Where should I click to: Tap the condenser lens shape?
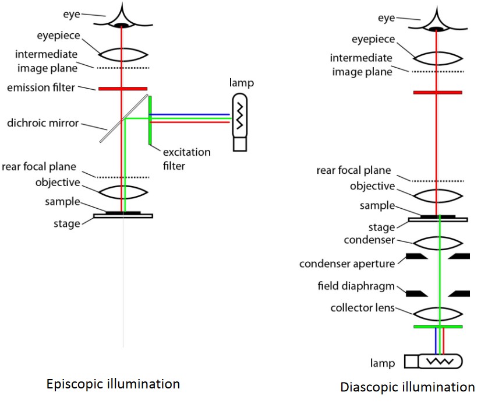438,243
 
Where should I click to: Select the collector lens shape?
438,314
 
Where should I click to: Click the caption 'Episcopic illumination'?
113,384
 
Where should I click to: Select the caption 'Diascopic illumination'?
408,387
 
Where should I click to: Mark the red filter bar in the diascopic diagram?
438,92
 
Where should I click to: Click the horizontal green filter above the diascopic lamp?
438,327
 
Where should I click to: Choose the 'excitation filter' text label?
187,158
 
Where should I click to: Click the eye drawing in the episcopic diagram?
122,18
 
